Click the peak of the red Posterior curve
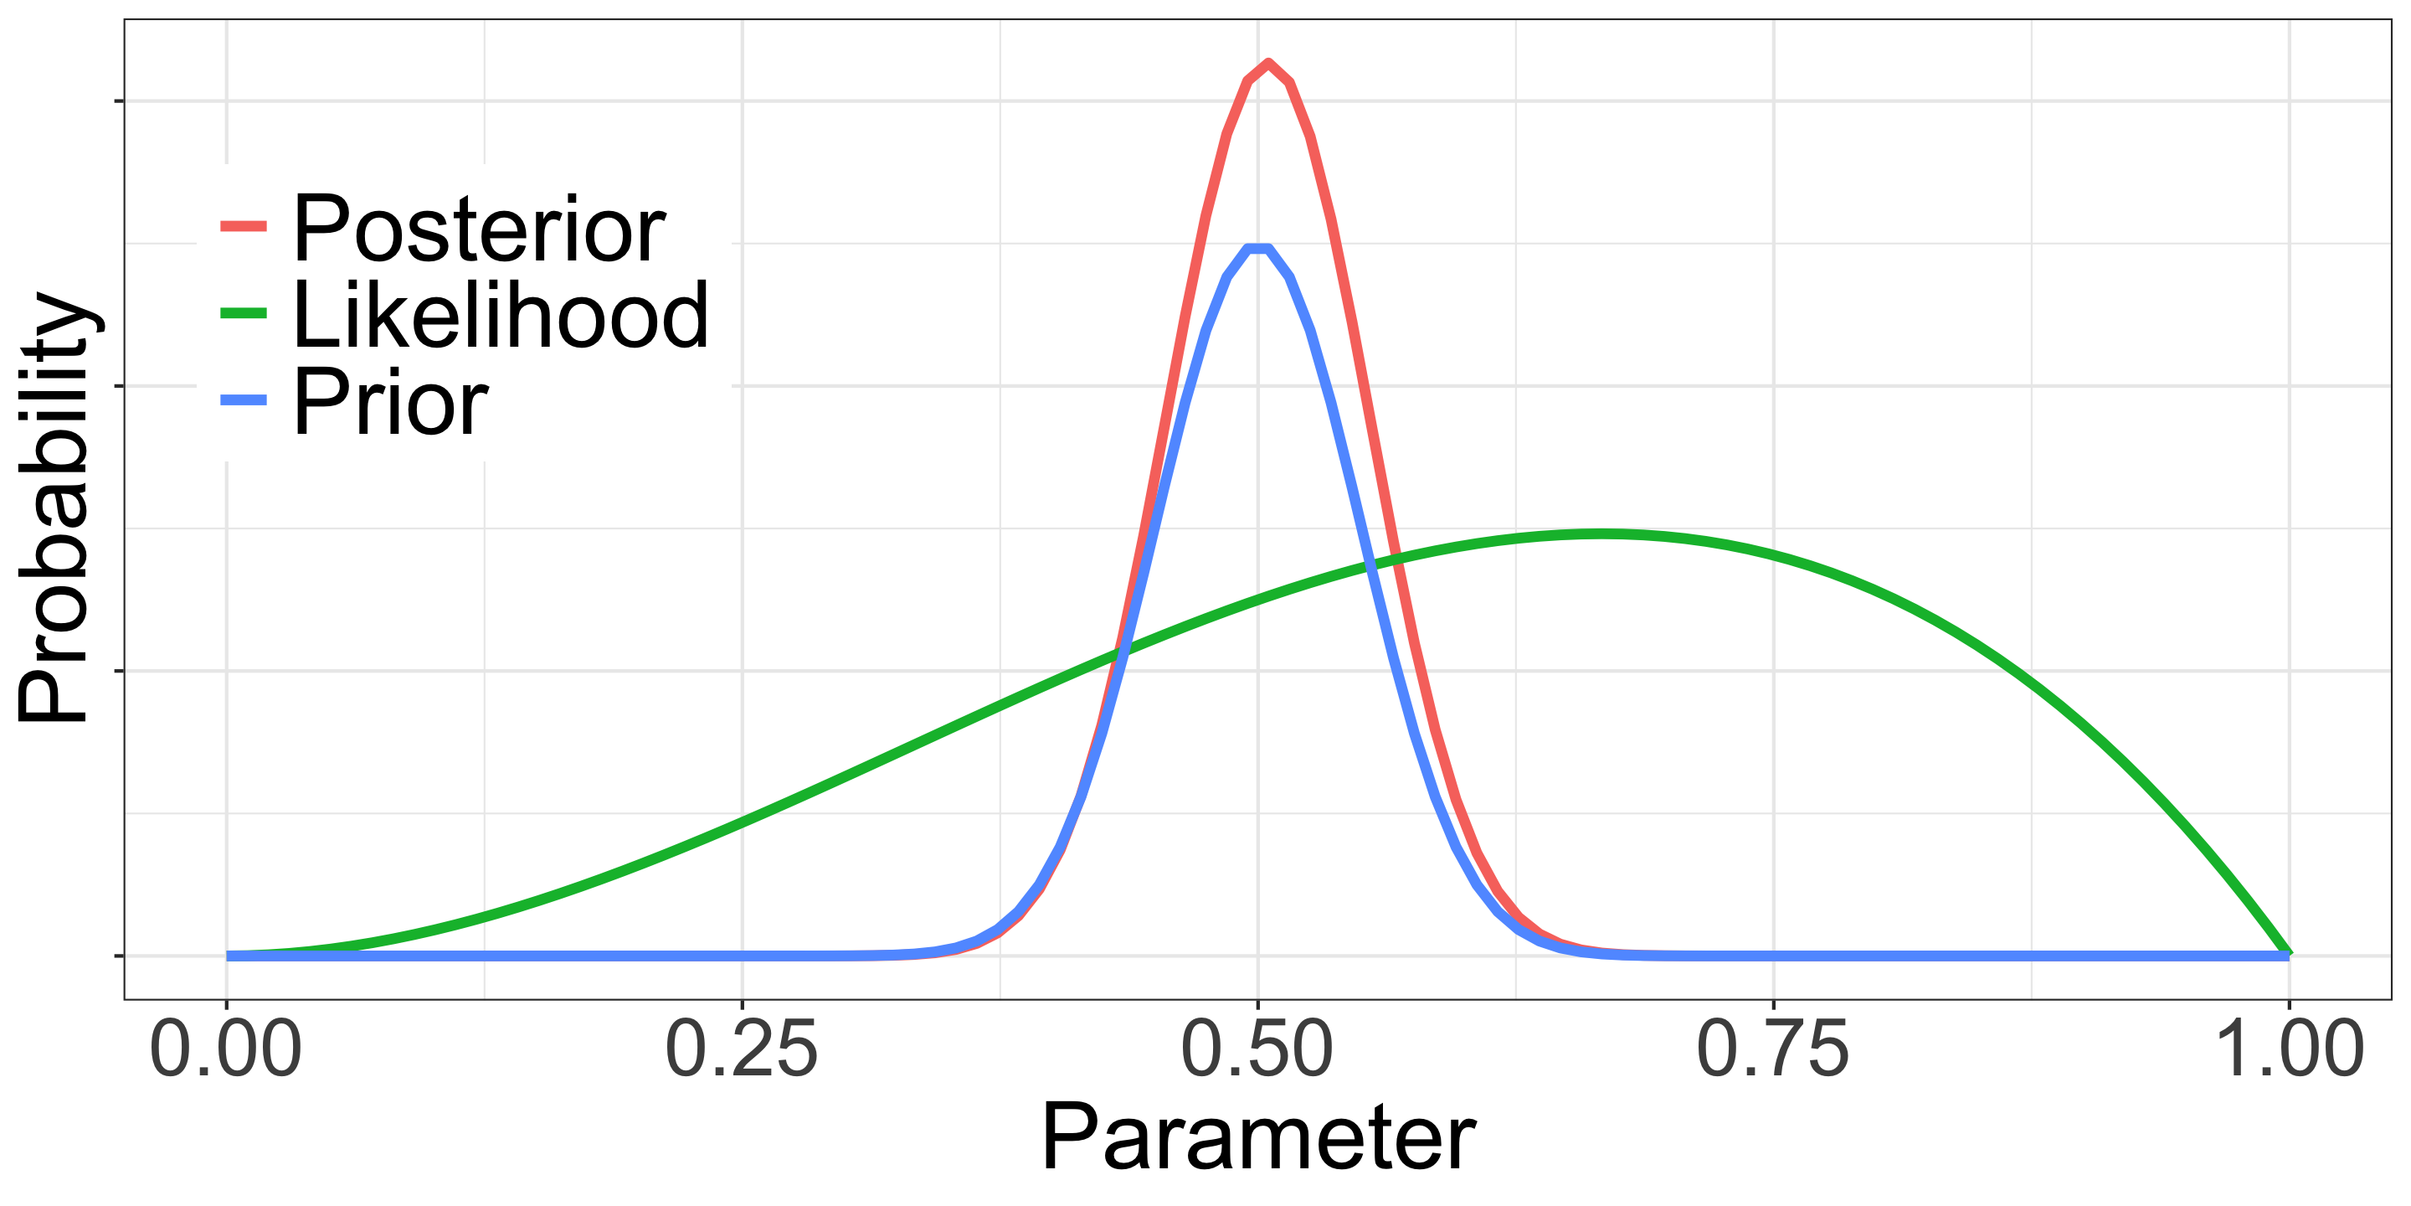point(1267,64)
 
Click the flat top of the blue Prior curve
point(1258,249)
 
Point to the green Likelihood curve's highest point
point(1601,534)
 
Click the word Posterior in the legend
point(479,229)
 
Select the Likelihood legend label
point(501,316)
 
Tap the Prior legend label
point(390,403)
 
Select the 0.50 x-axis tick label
point(1257,1050)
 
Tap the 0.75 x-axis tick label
point(1773,1050)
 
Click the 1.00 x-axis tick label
point(2290,1050)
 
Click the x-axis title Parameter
point(1258,1137)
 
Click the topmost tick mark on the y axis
point(119,100)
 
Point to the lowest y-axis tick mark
point(119,956)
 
